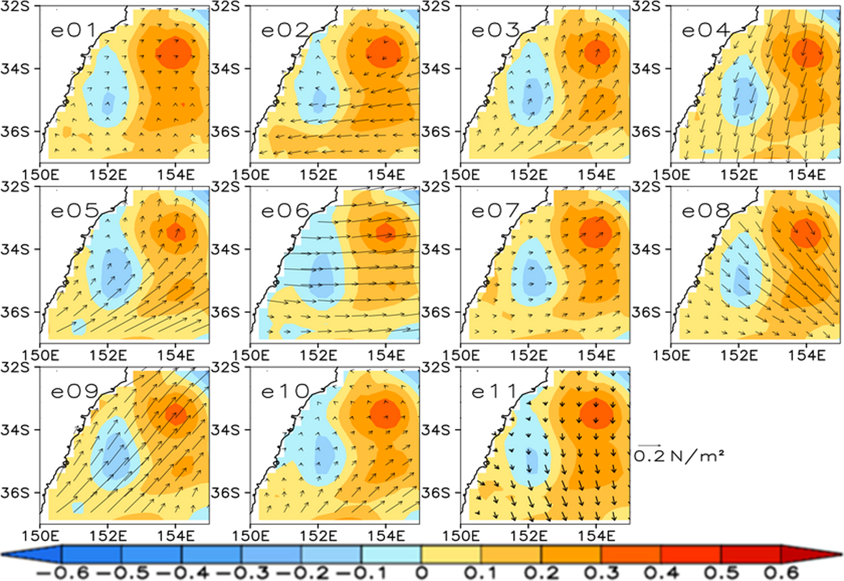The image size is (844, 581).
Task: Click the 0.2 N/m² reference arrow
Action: tap(650, 445)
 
